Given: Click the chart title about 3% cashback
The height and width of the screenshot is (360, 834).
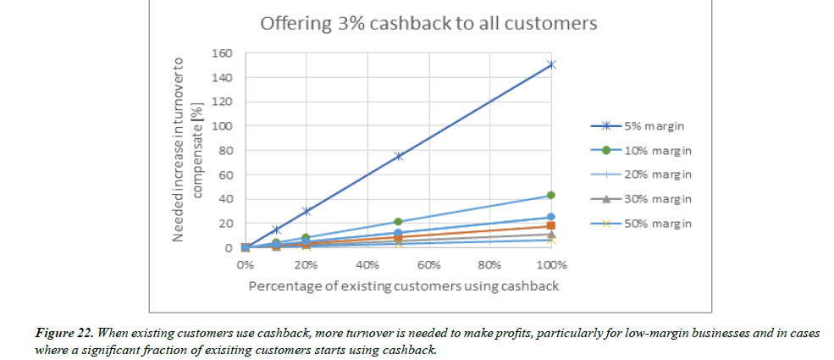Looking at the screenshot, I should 428,23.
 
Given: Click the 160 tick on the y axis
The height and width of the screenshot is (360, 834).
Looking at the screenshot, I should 223,53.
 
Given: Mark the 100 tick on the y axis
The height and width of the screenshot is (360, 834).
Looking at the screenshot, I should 223,126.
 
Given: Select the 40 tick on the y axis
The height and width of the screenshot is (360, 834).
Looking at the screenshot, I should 225,199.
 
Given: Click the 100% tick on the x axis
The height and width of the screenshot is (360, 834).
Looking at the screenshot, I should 550,265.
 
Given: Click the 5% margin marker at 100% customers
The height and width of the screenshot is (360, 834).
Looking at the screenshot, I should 551,64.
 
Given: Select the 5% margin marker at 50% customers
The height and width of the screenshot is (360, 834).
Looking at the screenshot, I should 398,156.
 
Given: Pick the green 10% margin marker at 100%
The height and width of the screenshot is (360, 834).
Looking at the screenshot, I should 551,196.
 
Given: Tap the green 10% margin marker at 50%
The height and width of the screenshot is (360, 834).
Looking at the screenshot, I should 398,222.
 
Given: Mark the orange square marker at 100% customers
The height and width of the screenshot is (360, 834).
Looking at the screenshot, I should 551,225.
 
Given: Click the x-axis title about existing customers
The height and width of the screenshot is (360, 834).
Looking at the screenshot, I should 403,286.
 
